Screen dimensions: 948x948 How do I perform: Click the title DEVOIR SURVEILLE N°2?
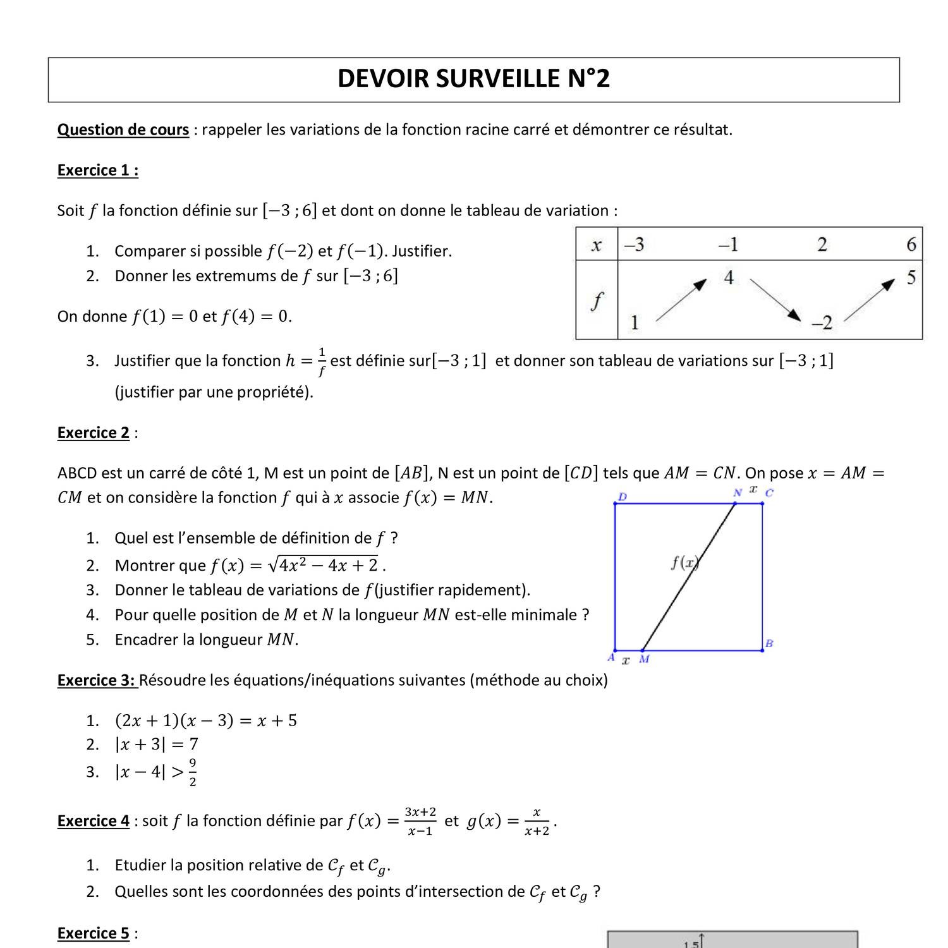click(x=473, y=79)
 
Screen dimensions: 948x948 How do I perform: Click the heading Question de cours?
click(x=123, y=130)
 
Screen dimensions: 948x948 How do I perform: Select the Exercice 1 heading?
click(x=98, y=170)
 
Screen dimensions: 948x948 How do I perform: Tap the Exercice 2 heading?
click(x=94, y=433)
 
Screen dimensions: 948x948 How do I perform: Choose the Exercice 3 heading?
click(x=97, y=680)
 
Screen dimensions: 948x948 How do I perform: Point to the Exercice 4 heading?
click(x=94, y=821)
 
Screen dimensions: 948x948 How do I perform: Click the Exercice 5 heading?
click(x=94, y=933)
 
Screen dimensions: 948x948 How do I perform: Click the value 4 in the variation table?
click(x=729, y=277)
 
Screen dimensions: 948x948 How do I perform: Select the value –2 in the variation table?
click(x=822, y=323)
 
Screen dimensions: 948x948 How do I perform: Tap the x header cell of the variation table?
click(x=596, y=245)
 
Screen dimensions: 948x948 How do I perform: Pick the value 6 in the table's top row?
click(x=911, y=245)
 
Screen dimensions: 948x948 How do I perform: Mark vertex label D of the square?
click(x=623, y=497)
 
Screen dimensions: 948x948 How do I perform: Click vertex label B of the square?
click(x=769, y=643)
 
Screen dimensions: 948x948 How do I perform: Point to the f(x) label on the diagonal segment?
click(x=684, y=562)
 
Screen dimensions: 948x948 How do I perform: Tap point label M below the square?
click(x=644, y=659)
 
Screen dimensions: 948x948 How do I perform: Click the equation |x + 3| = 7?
click(x=157, y=744)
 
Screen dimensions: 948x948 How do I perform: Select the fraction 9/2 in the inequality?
click(x=193, y=772)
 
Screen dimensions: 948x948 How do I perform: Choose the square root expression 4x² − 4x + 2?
click(x=323, y=564)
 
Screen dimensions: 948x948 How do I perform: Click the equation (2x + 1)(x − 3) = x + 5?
click(x=206, y=720)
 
